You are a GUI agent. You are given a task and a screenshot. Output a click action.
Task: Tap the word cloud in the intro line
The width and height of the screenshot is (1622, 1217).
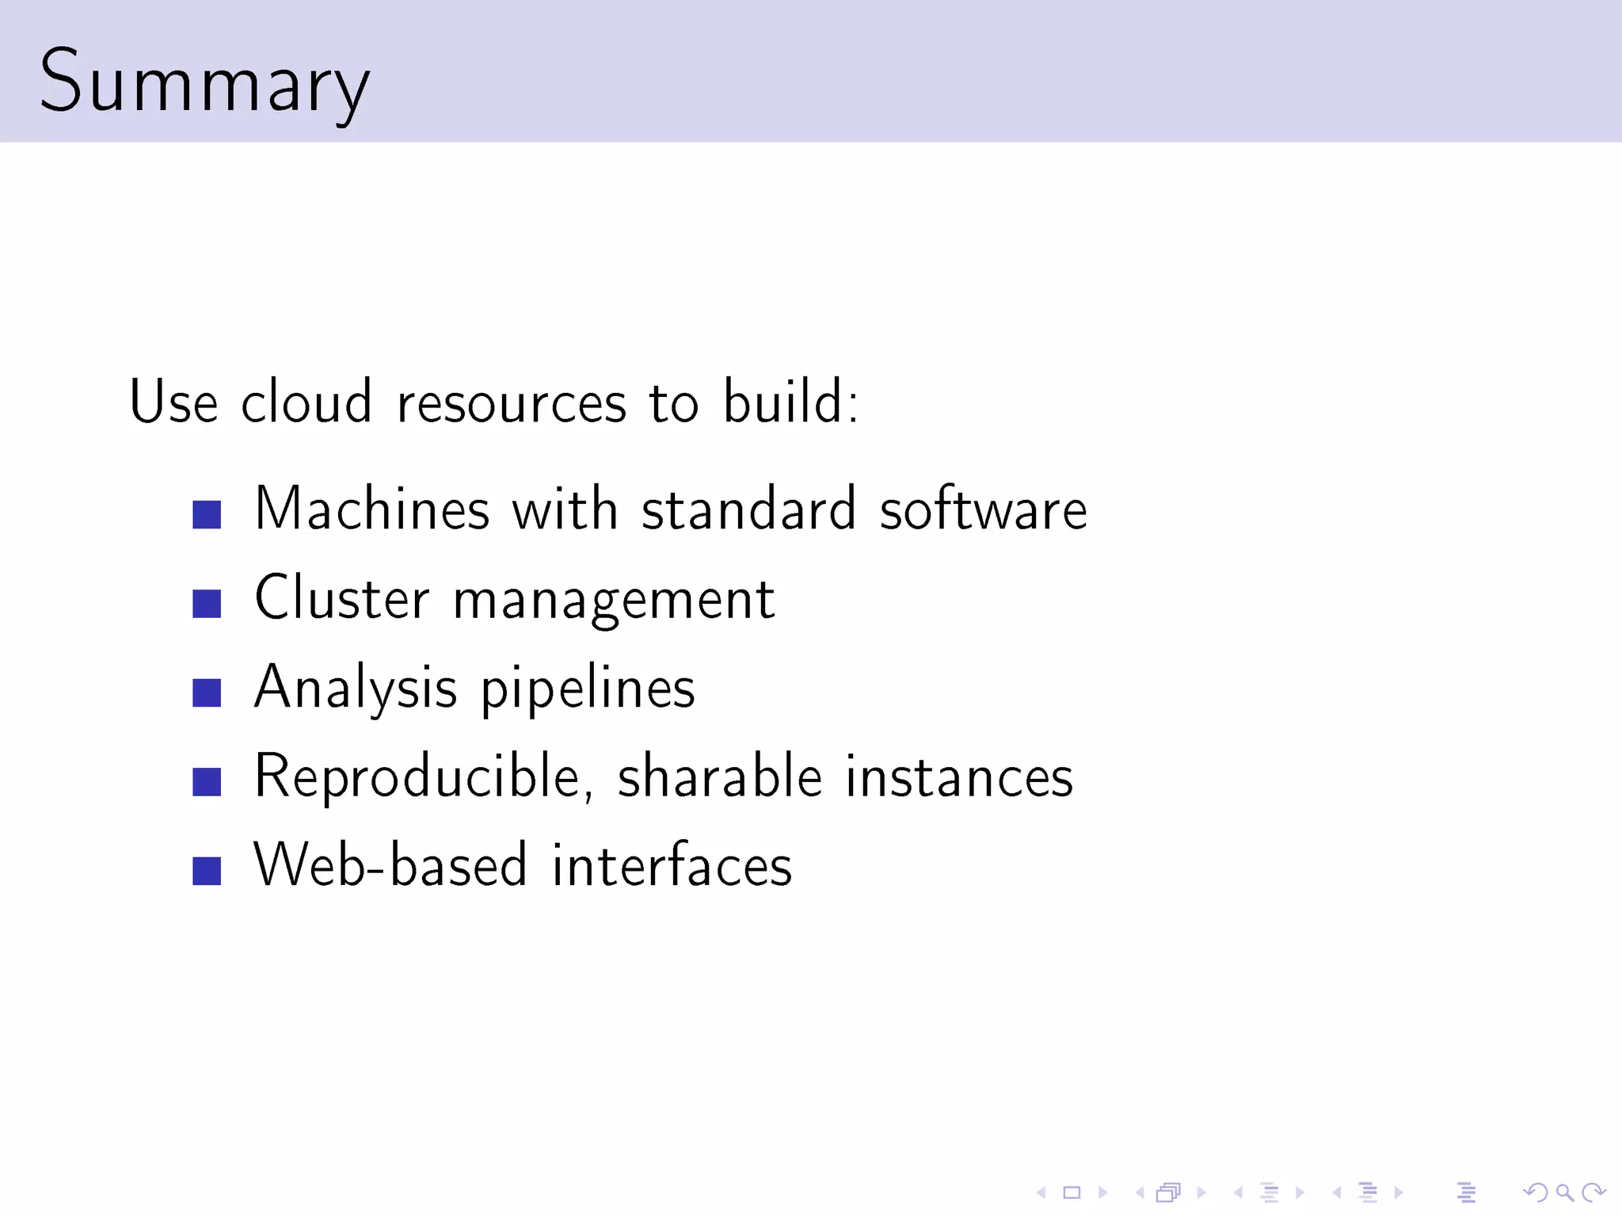pyautogui.click(x=306, y=402)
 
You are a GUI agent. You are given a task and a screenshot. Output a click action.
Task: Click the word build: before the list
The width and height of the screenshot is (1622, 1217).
pyautogui.click(x=790, y=402)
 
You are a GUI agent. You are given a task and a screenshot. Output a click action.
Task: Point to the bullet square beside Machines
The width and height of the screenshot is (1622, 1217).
pyautogui.click(x=207, y=515)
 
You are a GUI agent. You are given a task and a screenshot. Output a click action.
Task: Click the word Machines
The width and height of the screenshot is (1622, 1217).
pyautogui.click(x=371, y=509)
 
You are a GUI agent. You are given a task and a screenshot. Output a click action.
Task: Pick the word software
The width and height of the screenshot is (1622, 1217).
pyautogui.click(x=983, y=509)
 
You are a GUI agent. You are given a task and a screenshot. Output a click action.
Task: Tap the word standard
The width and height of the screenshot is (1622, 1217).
pyautogui.click(x=748, y=509)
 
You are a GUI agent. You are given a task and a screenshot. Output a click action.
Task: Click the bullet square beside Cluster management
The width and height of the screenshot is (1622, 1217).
pyautogui.click(x=207, y=604)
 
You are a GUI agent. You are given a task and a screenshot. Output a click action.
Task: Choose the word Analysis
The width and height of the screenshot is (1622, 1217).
pyautogui.click(x=356, y=688)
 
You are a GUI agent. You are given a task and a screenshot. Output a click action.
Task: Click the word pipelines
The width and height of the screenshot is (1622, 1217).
pyautogui.click(x=588, y=688)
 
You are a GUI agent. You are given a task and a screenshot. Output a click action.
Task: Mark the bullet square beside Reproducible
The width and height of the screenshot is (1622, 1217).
pyautogui.click(x=207, y=782)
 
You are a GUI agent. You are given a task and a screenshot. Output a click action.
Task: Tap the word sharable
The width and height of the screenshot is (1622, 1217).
pyautogui.click(x=720, y=776)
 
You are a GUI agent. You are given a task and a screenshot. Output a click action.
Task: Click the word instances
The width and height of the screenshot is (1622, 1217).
pyautogui.click(x=959, y=776)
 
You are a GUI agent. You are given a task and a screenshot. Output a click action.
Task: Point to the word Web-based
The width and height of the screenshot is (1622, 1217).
pyautogui.click(x=390, y=865)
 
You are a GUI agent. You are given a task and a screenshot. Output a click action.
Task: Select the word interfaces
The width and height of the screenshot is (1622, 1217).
pyautogui.click(x=672, y=865)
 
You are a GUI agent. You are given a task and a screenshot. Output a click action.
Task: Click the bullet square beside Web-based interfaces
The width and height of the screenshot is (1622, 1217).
pyautogui.click(x=207, y=871)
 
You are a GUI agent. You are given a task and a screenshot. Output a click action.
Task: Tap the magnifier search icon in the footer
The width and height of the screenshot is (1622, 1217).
pyautogui.click(x=1564, y=1192)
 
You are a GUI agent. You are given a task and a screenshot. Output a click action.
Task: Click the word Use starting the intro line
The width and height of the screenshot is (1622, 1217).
pyautogui.click(x=173, y=402)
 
